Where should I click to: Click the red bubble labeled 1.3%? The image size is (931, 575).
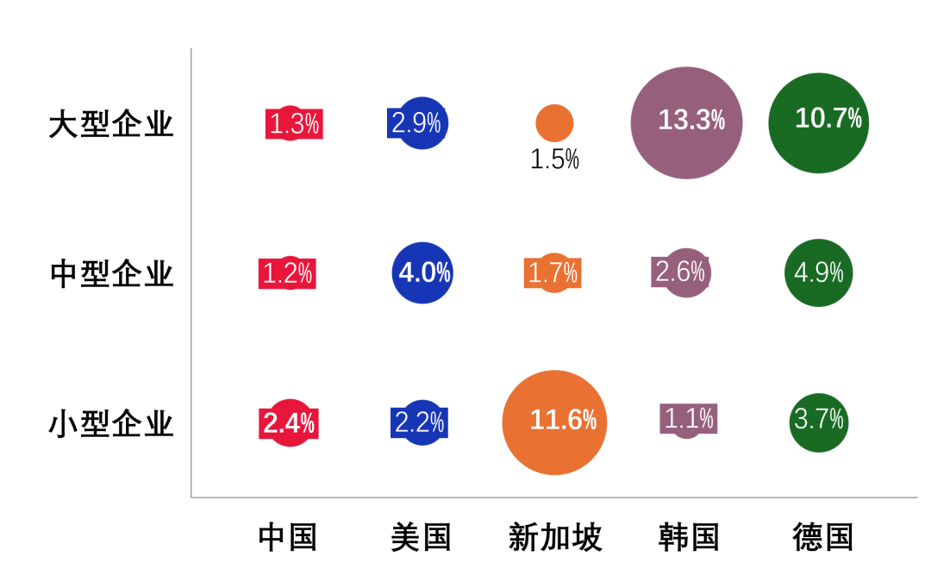pos(291,123)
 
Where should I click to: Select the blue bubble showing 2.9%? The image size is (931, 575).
pos(422,123)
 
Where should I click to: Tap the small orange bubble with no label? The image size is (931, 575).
pos(554,123)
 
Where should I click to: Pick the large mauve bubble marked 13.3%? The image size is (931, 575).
pos(686,122)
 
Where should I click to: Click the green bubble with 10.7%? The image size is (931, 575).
pos(818,122)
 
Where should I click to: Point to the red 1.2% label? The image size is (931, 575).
pos(287,273)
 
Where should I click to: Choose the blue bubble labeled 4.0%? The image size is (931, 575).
pos(422,272)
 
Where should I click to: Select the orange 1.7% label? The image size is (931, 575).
pos(553,273)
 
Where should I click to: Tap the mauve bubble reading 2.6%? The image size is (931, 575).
pos(686,272)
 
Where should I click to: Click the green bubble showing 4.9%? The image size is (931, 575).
pos(818,272)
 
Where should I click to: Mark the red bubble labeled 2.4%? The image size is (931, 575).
pos(291,422)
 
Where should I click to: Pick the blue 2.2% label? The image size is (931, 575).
pos(419,422)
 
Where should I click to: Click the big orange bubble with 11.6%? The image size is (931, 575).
pos(554,422)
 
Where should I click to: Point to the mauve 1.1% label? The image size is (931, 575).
pos(689,419)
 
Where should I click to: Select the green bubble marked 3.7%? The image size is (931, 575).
pos(818,422)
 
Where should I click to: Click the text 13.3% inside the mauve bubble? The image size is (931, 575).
pos(691,120)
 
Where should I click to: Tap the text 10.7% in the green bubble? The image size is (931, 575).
pos(828,118)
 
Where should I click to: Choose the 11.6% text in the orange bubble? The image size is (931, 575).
pos(563,420)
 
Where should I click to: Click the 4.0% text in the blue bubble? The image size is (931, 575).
pos(424,272)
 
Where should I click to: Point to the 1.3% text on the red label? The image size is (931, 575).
pos(294,124)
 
